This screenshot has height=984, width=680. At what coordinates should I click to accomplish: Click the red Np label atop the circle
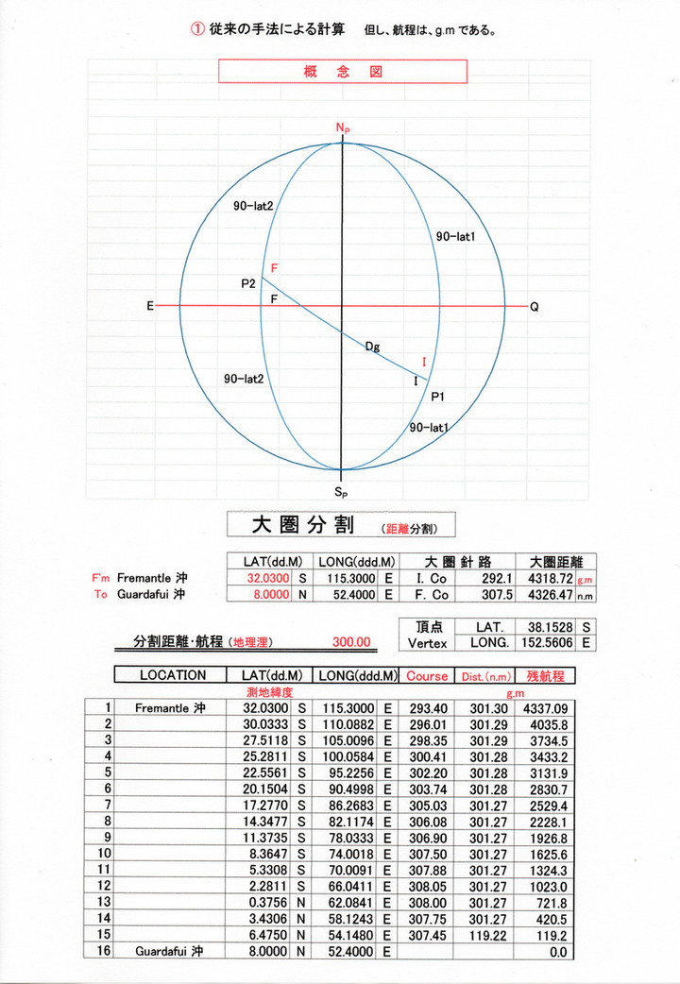click(x=341, y=127)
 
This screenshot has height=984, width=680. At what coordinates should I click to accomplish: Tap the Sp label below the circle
click(x=341, y=492)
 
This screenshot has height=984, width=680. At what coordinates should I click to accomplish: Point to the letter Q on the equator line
click(x=535, y=307)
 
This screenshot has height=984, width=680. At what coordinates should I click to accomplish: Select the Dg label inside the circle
click(x=373, y=348)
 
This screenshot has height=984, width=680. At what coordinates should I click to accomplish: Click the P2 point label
click(x=248, y=283)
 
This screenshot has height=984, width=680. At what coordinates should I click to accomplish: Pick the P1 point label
click(x=437, y=398)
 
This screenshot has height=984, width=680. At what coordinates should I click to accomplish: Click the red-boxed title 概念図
click(x=343, y=72)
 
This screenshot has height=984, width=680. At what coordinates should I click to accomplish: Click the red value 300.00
click(x=351, y=642)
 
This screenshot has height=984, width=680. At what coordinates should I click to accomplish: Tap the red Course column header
click(x=427, y=675)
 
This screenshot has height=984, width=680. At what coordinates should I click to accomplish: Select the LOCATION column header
click(x=173, y=675)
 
